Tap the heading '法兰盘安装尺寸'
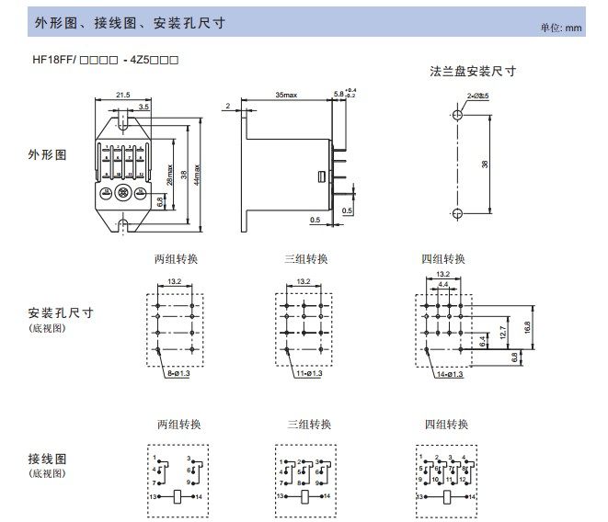[x=473, y=71]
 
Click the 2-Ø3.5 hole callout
[x=477, y=96]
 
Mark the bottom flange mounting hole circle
[x=457, y=213]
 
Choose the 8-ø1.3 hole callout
[x=179, y=375]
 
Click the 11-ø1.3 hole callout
[x=308, y=375]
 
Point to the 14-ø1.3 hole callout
[x=450, y=375]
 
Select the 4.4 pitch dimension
[x=443, y=285]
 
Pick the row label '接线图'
[x=48, y=458]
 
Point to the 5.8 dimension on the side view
[x=338, y=94]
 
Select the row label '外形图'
[x=48, y=155]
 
